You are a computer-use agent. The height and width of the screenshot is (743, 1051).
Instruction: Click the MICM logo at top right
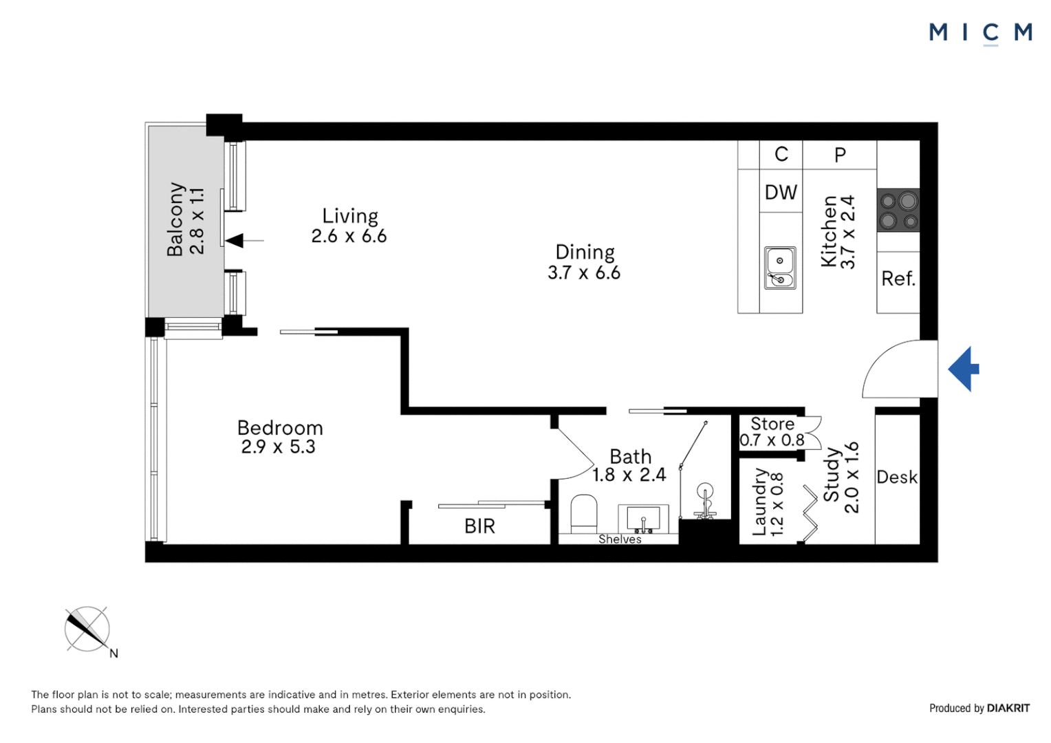(x=980, y=32)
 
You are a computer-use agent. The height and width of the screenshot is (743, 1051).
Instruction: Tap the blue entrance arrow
(x=964, y=369)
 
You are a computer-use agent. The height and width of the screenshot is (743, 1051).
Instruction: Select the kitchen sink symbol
(x=780, y=268)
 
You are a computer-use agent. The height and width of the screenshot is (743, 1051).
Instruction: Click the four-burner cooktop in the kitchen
(x=898, y=210)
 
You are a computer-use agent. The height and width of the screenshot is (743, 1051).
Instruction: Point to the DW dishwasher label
(x=781, y=193)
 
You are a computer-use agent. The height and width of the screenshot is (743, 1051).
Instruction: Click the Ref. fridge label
(x=898, y=279)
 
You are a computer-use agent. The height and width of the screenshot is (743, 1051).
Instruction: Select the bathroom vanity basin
(x=643, y=519)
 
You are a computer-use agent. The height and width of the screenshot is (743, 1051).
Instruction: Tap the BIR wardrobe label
(x=479, y=526)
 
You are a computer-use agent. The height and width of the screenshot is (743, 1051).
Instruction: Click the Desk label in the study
(x=897, y=477)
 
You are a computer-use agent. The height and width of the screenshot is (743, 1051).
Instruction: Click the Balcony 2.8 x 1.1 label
(x=186, y=219)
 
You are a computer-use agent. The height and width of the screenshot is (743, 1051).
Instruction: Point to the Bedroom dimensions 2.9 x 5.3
(x=278, y=447)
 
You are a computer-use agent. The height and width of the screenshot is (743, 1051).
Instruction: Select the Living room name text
(x=350, y=216)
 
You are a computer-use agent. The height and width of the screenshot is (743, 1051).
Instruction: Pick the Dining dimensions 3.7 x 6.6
(x=584, y=273)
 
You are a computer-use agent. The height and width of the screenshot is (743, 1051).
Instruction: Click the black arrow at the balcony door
(x=236, y=241)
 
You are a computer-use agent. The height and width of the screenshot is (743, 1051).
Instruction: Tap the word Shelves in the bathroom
(x=620, y=539)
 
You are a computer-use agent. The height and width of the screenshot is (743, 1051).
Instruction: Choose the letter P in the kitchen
(x=840, y=155)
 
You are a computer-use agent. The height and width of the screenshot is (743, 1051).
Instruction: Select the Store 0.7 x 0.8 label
(x=772, y=432)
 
